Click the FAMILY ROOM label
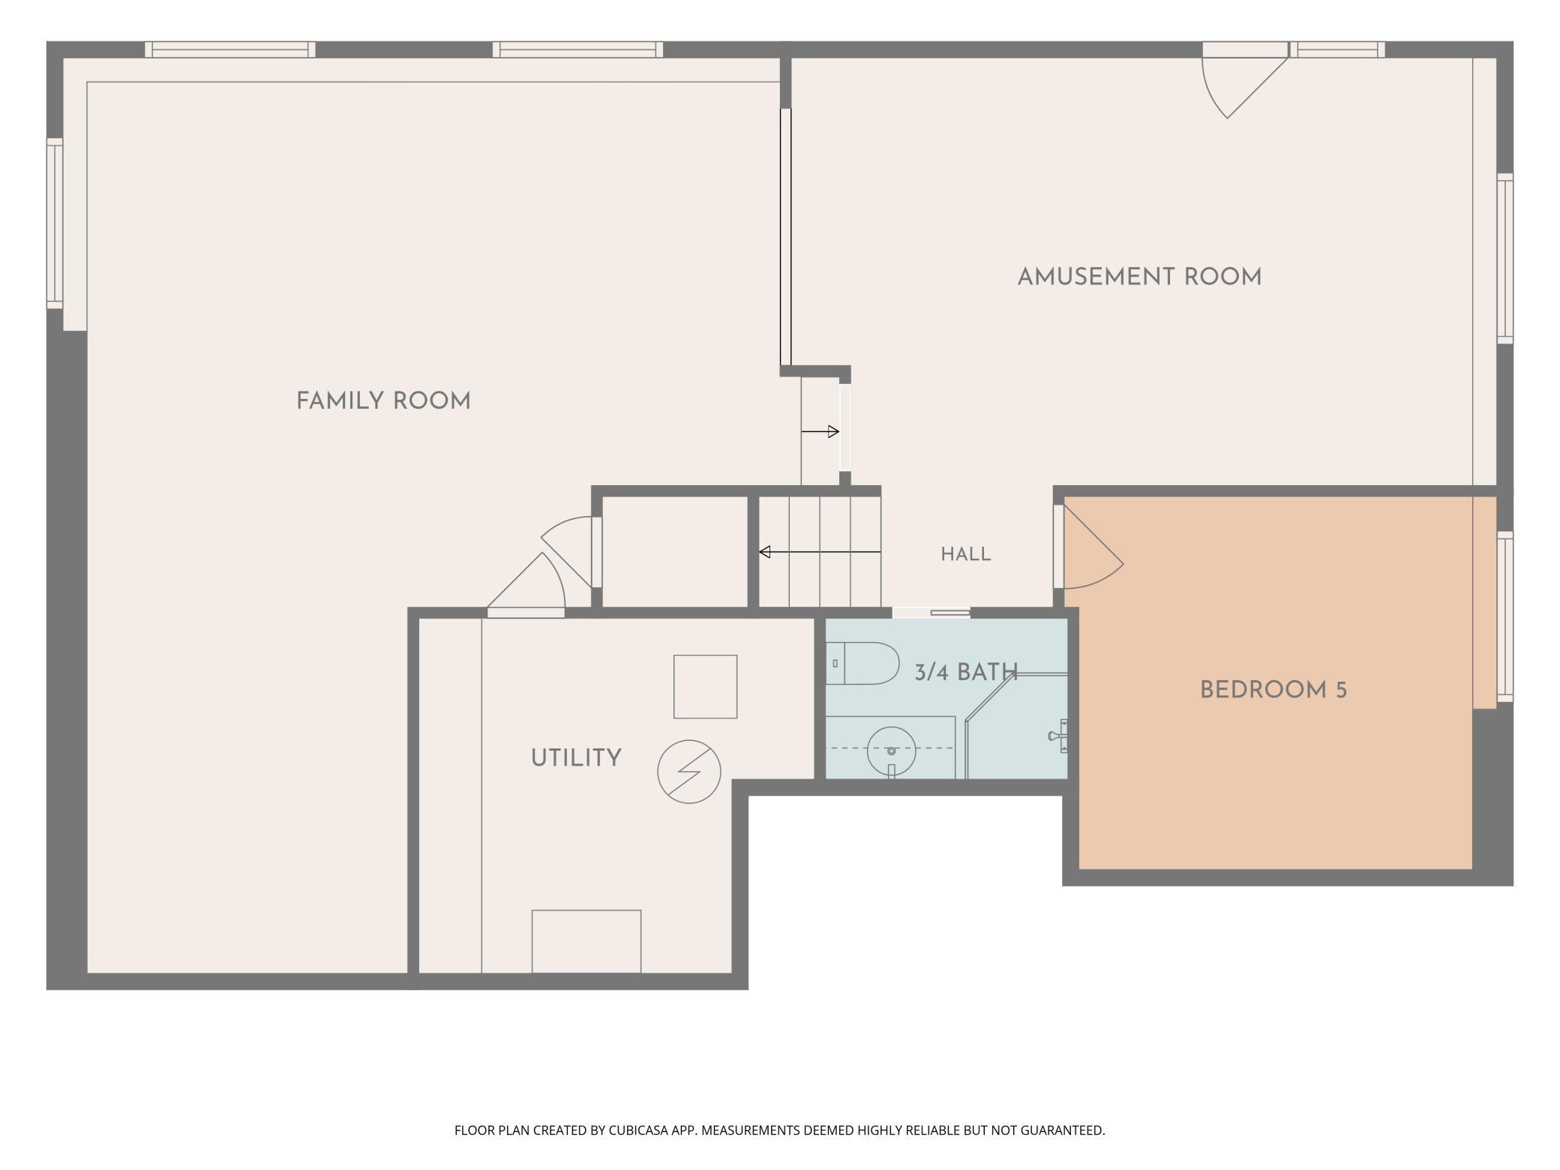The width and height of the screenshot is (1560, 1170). pos(383,401)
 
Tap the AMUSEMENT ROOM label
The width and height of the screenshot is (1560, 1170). pos(1139,277)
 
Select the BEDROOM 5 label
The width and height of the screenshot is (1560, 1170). pos(1273,690)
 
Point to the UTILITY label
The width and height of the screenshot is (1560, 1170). pos(576,758)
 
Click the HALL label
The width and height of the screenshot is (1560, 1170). pos(966,554)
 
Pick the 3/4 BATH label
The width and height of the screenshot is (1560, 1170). pos(965,672)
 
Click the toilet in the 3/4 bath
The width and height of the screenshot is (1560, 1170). pos(862,663)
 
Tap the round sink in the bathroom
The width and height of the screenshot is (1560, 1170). pos(891,750)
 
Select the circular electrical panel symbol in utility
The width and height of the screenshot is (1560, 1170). pos(689,772)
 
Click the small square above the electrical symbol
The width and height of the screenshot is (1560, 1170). pos(705,687)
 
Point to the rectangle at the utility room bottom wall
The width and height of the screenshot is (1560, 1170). pos(586,941)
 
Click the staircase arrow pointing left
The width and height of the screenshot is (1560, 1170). pos(820,552)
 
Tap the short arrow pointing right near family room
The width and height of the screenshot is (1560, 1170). pos(820,431)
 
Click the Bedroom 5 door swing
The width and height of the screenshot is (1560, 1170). pos(1093,546)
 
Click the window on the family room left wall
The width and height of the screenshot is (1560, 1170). pos(55,223)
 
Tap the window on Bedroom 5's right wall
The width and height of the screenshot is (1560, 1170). pos(1504,616)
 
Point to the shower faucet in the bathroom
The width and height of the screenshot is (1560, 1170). pos(1058,736)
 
